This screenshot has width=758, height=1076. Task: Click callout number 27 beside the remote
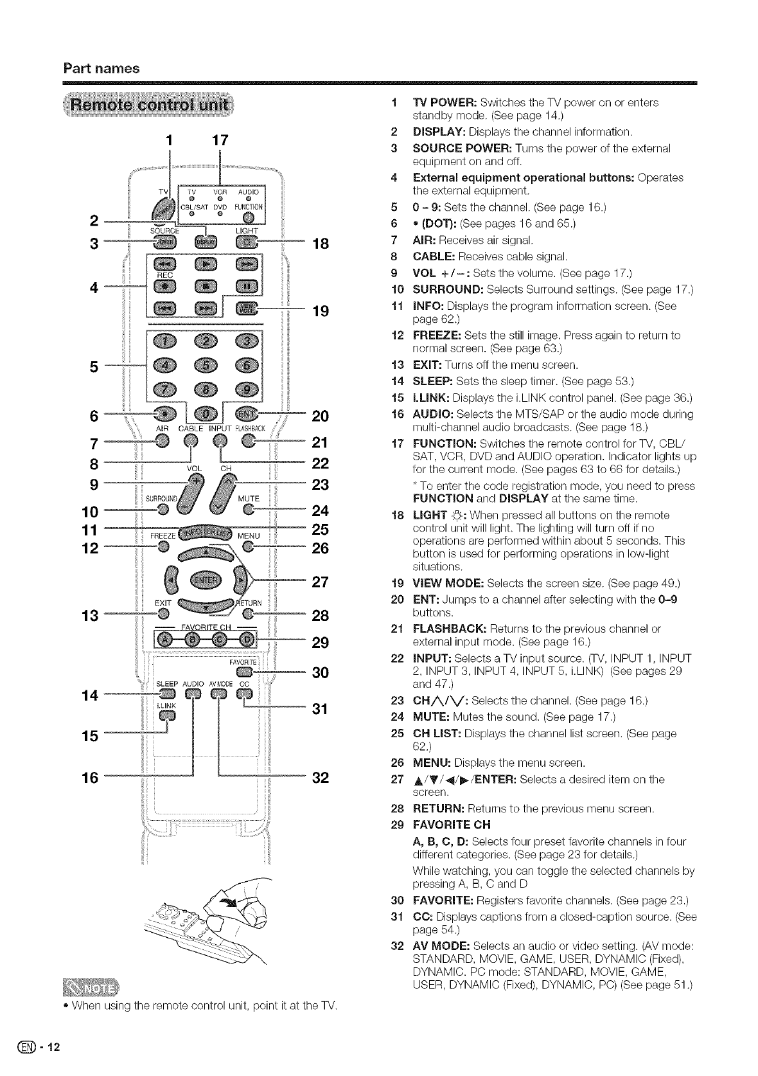coord(320,582)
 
